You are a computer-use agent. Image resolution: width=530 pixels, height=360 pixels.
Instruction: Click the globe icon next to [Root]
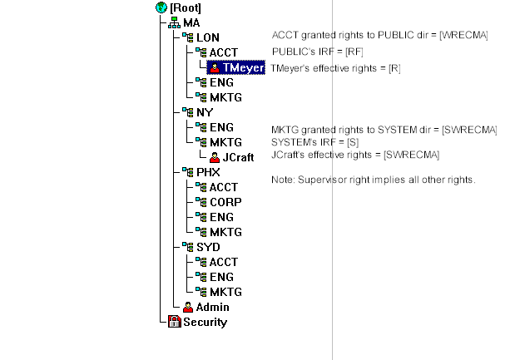pos(161,7)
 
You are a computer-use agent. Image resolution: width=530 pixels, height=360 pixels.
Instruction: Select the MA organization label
pos(191,22)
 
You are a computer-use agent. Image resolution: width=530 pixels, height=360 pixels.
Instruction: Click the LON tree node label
pos(208,37)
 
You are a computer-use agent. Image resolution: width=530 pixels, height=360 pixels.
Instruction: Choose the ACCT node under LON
pos(223,52)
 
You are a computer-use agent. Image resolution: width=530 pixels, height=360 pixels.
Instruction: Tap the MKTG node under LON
pos(225,97)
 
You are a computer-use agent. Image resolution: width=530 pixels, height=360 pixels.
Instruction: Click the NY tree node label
pos(205,112)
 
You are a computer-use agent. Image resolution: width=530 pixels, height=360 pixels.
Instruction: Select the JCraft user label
pos(239,157)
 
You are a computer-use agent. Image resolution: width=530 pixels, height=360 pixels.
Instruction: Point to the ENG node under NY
pos(221,127)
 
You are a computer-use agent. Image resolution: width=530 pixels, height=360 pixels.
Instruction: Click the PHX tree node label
pos(208,172)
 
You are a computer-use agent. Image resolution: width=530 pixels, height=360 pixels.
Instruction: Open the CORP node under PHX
pos(225,202)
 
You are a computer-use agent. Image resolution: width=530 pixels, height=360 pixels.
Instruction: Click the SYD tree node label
pos(208,247)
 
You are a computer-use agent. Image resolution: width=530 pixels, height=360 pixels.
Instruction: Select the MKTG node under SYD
pos(225,292)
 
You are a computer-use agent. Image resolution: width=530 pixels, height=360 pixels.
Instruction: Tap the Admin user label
pos(212,307)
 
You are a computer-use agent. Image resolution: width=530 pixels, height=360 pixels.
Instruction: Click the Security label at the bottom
pos(205,322)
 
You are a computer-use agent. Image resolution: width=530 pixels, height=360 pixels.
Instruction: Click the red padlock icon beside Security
pos(175,322)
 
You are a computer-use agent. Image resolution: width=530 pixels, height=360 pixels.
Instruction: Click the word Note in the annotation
pos(283,180)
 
